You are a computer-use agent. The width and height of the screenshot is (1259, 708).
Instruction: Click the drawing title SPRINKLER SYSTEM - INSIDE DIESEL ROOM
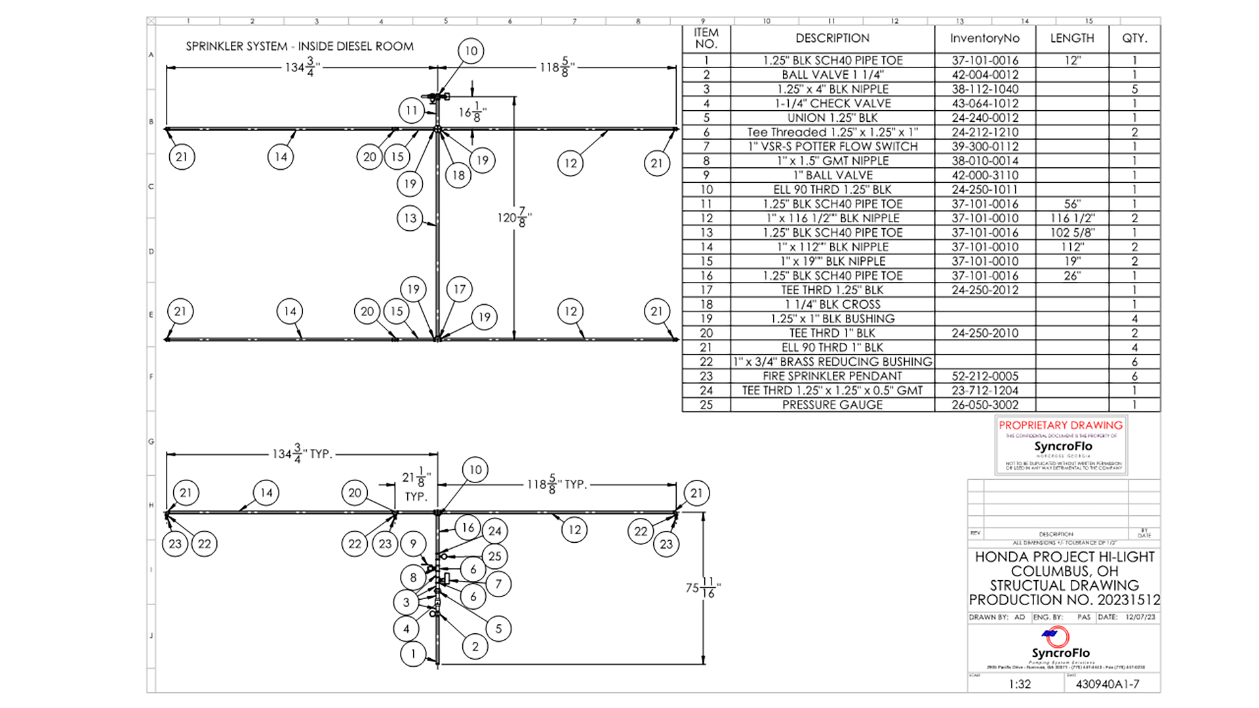tap(300, 47)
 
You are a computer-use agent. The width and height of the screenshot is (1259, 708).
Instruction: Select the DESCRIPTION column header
tap(832, 39)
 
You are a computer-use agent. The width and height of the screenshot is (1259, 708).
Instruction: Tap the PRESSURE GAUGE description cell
tap(832, 405)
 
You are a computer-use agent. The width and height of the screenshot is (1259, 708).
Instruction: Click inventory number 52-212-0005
tap(985, 376)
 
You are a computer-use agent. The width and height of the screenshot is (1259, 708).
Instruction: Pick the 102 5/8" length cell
tap(1072, 233)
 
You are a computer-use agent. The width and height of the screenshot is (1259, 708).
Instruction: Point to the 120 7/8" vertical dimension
tap(514, 218)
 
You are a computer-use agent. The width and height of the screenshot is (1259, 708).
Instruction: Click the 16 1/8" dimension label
tap(472, 112)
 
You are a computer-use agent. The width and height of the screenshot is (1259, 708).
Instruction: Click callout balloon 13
tap(410, 218)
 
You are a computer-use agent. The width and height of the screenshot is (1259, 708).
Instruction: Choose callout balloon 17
tap(460, 289)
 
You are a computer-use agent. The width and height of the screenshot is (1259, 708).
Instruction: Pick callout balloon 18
tap(458, 175)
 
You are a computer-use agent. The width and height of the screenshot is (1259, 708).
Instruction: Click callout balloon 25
tap(494, 557)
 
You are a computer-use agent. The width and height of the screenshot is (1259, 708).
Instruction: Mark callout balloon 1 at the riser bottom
tap(413, 654)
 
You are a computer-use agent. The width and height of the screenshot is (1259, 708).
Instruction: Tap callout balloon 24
tap(495, 531)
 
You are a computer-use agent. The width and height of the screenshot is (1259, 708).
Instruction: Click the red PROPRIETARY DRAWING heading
tap(1060, 425)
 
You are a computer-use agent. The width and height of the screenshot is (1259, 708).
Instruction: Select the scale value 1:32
tap(1019, 684)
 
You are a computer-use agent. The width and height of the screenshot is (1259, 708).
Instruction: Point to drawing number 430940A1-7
tap(1107, 684)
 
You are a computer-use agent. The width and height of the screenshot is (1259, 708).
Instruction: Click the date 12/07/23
tap(1140, 618)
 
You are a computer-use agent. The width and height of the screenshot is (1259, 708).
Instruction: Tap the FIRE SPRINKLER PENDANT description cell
tap(832, 376)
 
